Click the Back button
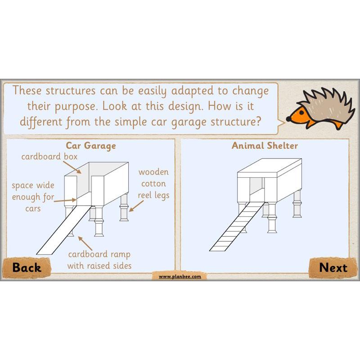pos(27,267)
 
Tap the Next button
pos(333,267)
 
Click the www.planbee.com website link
pos(180,276)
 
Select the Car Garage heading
pos(91,145)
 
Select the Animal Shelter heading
pos(265,145)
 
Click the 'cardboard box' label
pos(49,157)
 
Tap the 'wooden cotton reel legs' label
pos(153,184)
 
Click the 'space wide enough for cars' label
pos(33,197)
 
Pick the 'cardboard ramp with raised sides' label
pos(99,260)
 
